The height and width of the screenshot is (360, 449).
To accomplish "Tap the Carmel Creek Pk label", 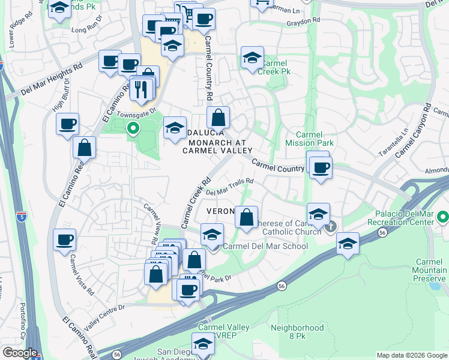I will pyautogui.click(x=274, y=67).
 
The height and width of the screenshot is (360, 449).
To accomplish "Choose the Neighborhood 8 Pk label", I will pyautogui.click(x=297, y=332).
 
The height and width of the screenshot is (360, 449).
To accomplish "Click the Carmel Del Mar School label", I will pyautogui.click(x=265, y=246).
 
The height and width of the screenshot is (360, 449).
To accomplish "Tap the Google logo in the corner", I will pyautogui.click(x=20, y=353).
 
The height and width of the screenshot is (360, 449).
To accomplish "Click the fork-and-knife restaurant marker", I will pyautogui.click(x=142, y=89).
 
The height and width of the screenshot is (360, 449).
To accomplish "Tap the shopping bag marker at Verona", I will pyautogui.click(x=246, y=217).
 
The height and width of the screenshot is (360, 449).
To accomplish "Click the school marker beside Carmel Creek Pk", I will pyautogui.click(x=252, y=58).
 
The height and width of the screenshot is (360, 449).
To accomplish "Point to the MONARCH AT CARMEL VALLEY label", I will pyautogui.click(x=218, y=146).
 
